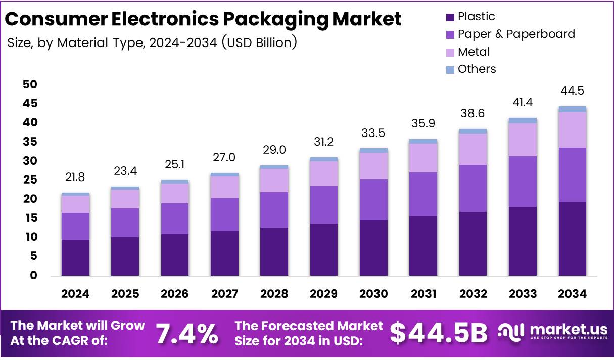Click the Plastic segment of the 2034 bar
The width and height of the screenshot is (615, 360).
(572, 239)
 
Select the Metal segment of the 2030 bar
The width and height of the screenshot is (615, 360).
(373, 166)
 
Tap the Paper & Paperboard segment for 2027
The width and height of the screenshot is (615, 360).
(224, 214)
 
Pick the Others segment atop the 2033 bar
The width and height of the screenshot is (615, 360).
(523, 120)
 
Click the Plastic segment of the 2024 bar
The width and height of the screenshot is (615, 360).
(75, 257)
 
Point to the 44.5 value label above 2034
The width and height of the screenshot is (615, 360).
(573, 91)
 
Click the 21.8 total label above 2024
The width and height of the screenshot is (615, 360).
(75, 177)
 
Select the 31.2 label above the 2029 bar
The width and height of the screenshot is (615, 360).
(324, 142)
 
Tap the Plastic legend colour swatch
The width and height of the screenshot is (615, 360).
(450, 17)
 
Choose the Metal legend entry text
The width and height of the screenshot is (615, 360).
(474, 52)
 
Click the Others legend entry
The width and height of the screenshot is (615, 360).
(477, 69)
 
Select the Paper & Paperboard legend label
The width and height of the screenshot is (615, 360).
(516, 34)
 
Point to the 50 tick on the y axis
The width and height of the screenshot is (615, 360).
(30, 84)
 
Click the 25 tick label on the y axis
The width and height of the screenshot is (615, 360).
(30, 180)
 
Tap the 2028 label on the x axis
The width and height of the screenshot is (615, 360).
(274, 294)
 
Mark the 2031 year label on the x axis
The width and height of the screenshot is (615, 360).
(423, 294)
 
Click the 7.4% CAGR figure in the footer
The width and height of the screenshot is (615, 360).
(186, 333)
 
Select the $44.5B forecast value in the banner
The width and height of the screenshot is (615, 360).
(439, 333)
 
